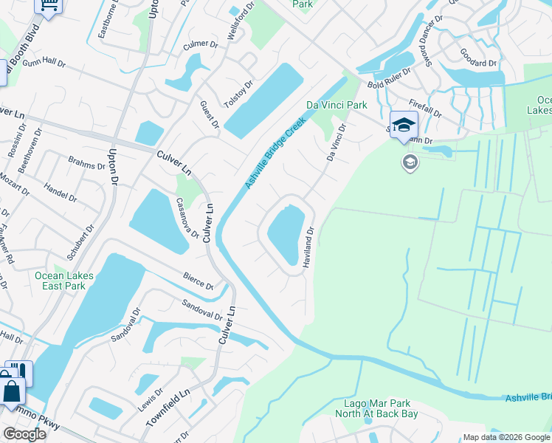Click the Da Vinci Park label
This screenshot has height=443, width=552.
point(337,105)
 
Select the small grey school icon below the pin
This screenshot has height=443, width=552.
point(410,162)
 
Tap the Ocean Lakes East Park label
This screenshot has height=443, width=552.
point(64,281)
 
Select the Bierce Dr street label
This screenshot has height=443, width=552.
point(199,281)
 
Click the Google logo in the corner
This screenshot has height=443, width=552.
point(24,434)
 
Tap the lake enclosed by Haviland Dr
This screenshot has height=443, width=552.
point(286,230)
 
